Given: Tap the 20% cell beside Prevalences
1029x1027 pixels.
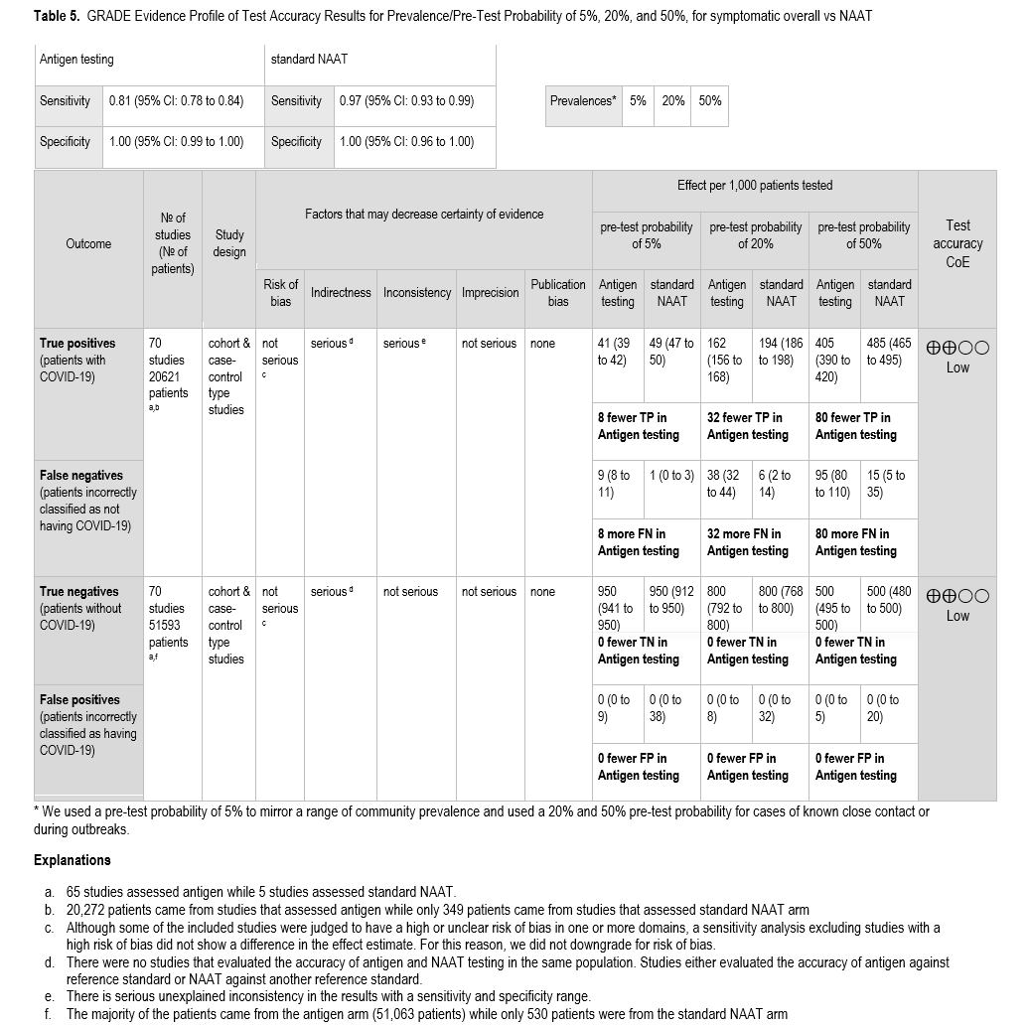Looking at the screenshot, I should pos(673,101).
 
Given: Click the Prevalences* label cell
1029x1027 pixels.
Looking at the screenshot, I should pos(585,101).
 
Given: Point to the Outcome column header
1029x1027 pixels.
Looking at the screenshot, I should pos(88,243).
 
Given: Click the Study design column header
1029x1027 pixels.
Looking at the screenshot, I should pos(229,243).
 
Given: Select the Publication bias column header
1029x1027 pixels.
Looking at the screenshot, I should pos(558,292).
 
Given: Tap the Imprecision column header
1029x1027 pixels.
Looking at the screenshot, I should pos(491,292).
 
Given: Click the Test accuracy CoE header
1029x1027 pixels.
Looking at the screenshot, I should pos(957,243).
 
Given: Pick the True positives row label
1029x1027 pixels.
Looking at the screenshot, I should pos(77,344).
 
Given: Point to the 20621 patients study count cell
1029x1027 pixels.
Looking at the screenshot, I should pos(169,376).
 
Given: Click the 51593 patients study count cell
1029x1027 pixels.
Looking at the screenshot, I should pos(169,625).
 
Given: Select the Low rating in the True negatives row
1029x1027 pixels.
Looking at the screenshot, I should pos(957,616).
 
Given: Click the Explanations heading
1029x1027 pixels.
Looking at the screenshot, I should pos(73,860).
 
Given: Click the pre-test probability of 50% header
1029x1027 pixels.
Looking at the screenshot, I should pos(863,235).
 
